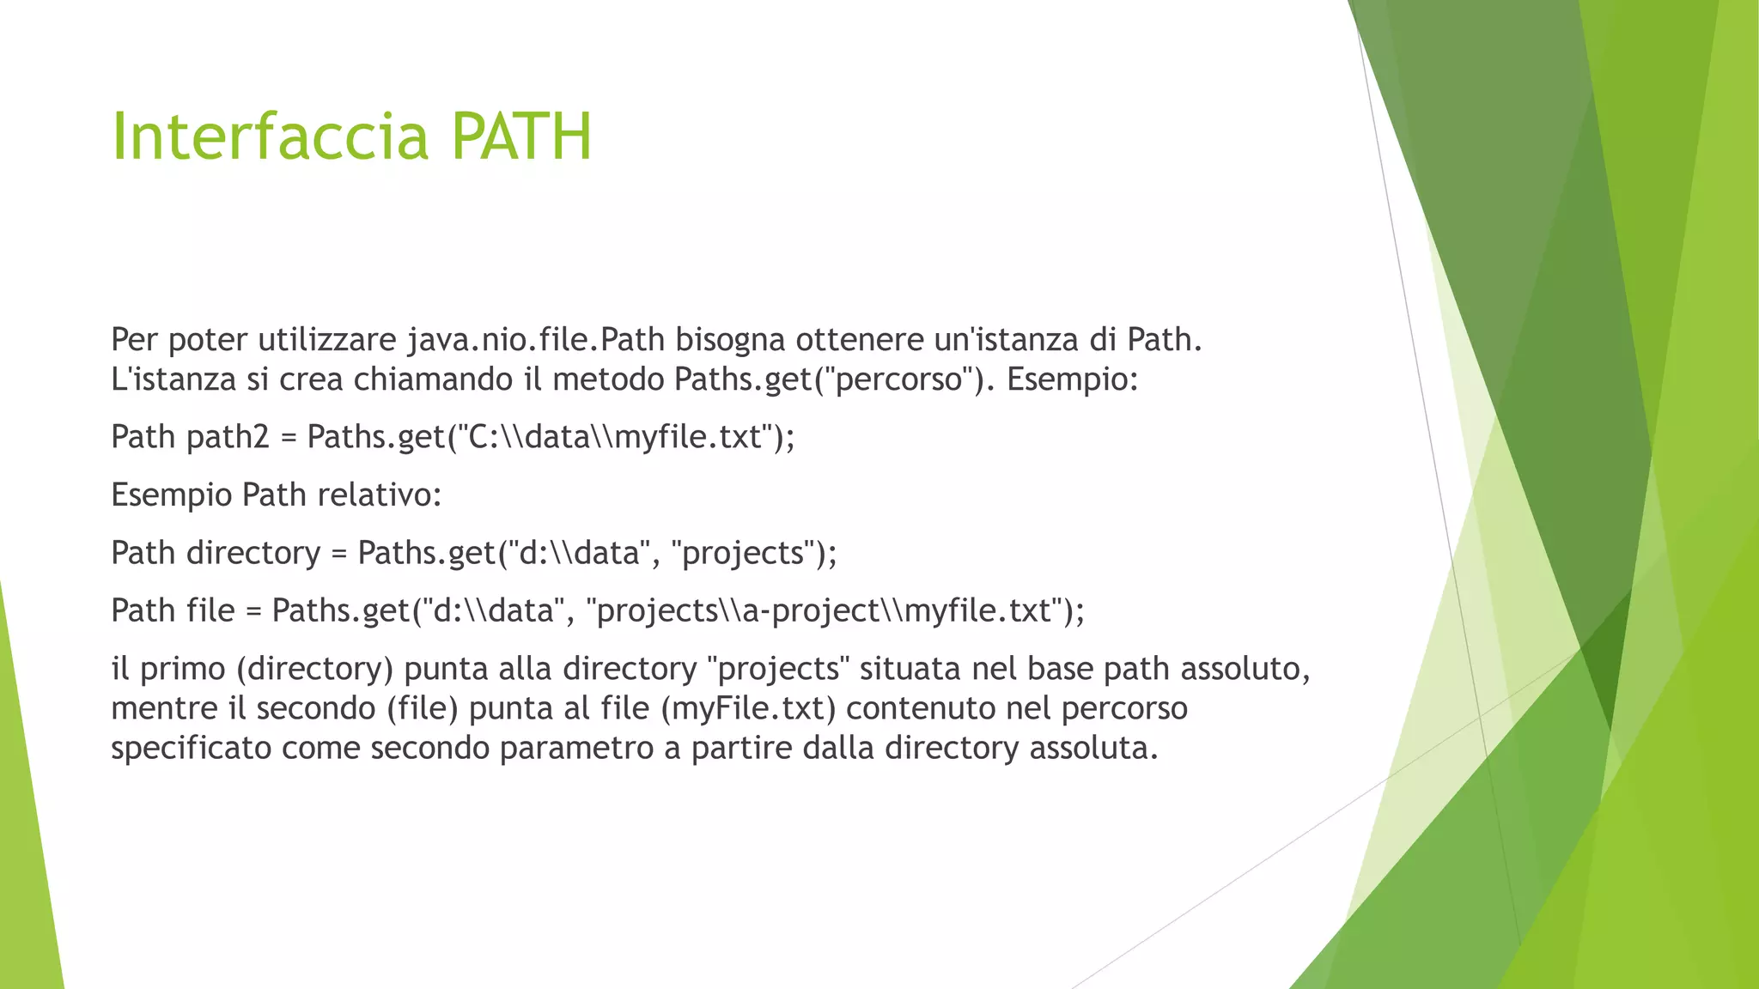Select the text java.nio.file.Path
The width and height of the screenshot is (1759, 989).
coord(536,341)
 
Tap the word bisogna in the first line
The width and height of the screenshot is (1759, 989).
coord(730,341)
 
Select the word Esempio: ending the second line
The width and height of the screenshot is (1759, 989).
coord(1072,379)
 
